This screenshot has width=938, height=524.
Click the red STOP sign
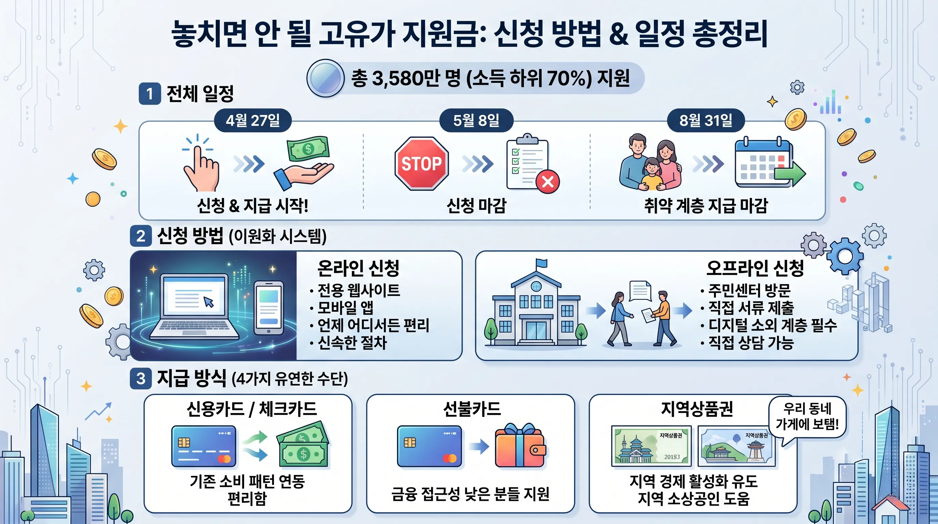pos(421,164)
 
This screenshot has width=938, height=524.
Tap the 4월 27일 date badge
pos(253,120)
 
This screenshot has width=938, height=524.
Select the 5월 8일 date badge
pos(476,120)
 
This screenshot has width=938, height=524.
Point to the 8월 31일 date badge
pos(706,120)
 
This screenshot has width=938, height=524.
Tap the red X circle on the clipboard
pos(548,181)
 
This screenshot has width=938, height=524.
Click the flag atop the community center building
pos(541,263)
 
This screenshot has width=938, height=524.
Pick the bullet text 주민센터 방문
pos(749,290)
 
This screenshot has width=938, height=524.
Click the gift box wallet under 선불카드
pos(520,446)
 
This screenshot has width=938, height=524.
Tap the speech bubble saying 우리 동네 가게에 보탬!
pos(807,417)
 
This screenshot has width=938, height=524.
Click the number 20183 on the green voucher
pos(672,457)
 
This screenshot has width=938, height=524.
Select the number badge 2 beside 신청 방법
pos(141,236)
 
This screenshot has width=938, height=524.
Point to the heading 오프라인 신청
pos(755,268)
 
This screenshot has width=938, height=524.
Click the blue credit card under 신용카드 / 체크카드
pos(204,446)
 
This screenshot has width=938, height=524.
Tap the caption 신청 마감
pos(476,205)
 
